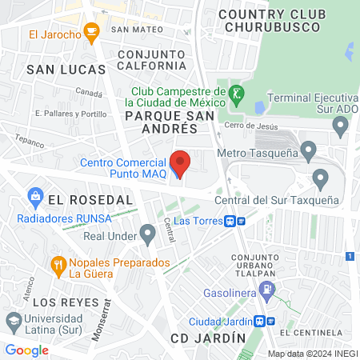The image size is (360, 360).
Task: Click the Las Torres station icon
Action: tap(230, 221)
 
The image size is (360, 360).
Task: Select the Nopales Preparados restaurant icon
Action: tap(58, 263)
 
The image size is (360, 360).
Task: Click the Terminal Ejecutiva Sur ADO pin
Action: tap(341, 125)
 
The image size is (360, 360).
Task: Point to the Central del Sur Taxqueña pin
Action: tap(321, 178)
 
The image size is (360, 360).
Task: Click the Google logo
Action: tap(26, 350)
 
